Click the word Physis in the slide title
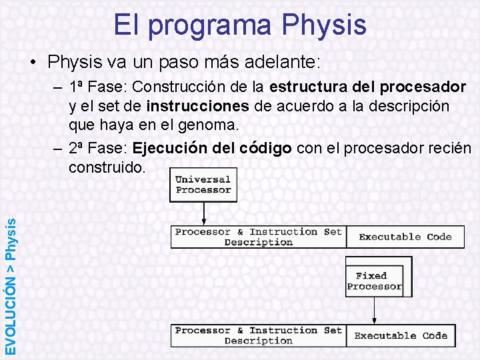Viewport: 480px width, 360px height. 324,25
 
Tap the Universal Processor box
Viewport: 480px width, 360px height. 203,185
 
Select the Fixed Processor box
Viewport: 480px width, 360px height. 374,281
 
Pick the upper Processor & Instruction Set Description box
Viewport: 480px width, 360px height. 258,237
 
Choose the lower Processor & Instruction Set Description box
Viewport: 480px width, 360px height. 258,335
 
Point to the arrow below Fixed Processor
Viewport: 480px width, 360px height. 375,310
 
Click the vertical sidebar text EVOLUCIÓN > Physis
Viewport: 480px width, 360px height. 11,280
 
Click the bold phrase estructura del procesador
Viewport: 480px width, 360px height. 367,87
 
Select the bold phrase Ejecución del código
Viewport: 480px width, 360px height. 212,148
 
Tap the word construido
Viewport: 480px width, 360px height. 106,167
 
